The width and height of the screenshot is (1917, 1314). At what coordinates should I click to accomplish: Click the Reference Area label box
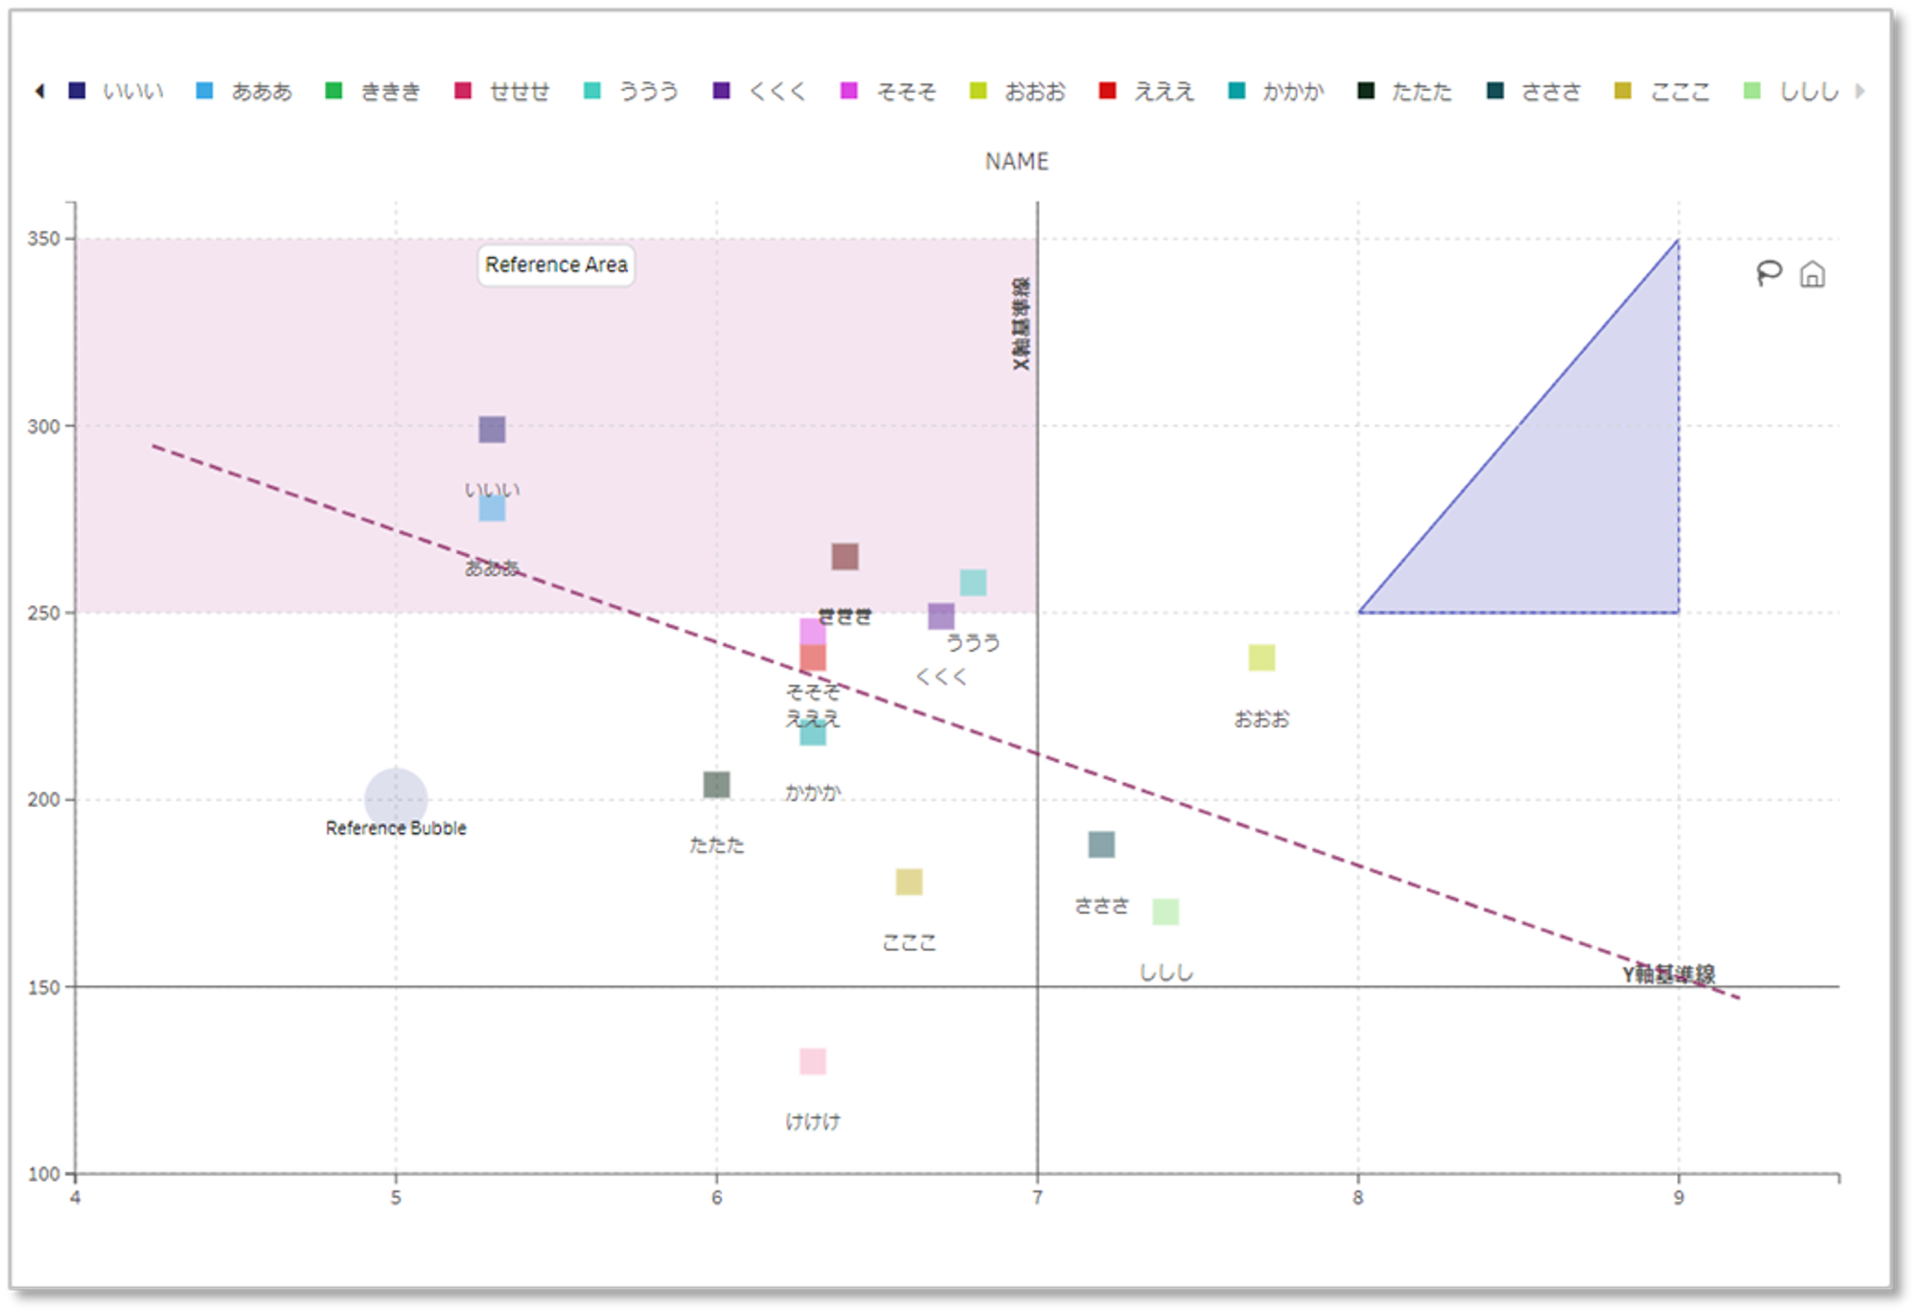point(556,265)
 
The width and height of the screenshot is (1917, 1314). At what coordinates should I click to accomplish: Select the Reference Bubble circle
point(395,797)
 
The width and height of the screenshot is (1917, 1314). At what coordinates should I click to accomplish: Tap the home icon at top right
point(1812,275)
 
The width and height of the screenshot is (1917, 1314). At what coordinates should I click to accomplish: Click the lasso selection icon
point(1768,274)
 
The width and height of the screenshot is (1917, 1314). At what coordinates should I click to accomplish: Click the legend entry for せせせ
point(502,91)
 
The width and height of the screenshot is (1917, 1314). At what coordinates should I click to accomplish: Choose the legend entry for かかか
point(1276,91)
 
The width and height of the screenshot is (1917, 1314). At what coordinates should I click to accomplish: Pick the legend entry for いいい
point(116,91)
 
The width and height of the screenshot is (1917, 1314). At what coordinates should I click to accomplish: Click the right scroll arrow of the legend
point(1860,91)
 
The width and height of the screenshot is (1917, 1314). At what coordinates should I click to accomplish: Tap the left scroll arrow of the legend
point(39,91)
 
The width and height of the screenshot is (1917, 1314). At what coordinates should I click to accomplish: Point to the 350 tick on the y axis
point(43,239)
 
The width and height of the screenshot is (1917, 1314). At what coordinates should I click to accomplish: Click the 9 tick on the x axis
point(1678,1197)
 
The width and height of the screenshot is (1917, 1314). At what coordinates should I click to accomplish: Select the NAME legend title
point(1016,161)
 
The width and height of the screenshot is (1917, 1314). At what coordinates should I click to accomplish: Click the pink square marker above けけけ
point(813,1061)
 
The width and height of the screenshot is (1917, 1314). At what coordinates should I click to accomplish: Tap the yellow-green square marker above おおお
point(1261,657)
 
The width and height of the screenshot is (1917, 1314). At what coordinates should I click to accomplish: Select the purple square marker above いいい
point(492,429)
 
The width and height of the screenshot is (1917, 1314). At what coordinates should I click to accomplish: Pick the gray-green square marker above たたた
point(716,785)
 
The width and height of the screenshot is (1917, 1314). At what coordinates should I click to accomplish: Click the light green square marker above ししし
point(1166,911)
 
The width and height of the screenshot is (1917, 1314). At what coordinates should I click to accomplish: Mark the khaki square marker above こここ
point(909,882)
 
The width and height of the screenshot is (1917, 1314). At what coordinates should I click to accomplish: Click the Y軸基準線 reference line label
point(1668,974)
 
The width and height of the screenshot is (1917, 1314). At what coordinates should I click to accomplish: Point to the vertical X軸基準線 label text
point(1021,324)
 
